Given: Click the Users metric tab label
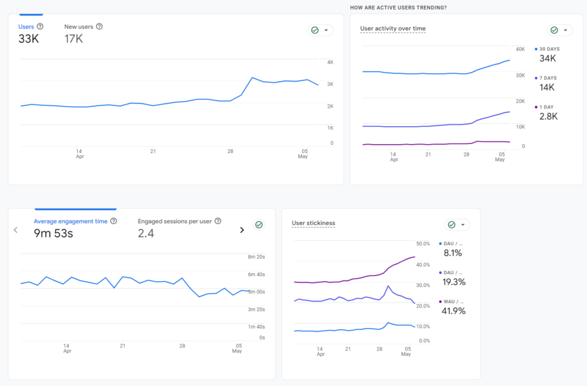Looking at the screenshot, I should [26, 26].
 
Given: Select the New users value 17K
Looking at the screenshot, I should [73, 39].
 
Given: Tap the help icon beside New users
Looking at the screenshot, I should [99, 26].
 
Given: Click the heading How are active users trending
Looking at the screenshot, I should [398, 8].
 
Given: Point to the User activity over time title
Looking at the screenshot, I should [392, 29].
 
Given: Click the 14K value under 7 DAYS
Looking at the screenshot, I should [547, 87].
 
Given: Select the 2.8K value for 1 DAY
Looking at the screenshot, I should [548, 116].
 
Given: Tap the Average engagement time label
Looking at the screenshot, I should [70, 221].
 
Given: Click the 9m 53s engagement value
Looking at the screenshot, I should [53, 234].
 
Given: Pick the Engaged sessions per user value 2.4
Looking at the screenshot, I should [146, 234].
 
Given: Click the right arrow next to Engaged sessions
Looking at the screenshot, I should [242, 230].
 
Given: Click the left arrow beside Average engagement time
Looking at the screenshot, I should [15, 230].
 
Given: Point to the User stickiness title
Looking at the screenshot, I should [313, 223].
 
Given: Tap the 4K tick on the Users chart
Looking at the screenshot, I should [330, 62].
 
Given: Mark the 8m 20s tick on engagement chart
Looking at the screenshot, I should [257, 257].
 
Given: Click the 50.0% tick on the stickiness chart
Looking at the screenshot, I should [423, 244].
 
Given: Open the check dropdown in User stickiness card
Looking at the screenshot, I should [457, 225].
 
